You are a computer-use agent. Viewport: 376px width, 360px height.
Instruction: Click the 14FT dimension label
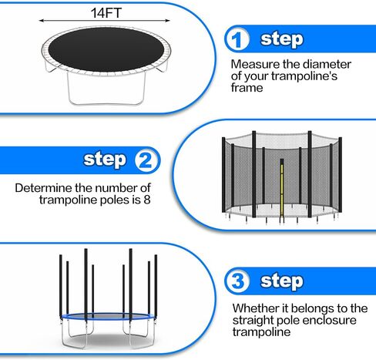tap(106, 13)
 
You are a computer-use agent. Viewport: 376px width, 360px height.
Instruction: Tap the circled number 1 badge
tap(237, 39)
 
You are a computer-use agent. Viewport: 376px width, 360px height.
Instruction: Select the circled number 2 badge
tap(147, 160)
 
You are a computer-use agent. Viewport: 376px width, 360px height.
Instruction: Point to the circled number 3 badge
tap(237, 281)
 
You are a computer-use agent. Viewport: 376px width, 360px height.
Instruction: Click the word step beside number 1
tap(282, 40)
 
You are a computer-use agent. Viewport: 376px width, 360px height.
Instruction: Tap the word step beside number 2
tap(105, 160)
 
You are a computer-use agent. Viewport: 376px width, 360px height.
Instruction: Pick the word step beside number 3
tap(282, 281)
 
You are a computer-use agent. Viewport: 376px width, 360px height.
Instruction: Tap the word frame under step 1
tap(247, 88)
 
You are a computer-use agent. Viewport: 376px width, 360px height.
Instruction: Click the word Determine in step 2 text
tap(43, 188)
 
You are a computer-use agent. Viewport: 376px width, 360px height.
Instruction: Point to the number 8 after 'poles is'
tap(147, 200)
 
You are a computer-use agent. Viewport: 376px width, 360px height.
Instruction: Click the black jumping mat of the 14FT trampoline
tap(106, 49)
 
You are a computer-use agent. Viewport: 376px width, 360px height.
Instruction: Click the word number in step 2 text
tap(112, 188)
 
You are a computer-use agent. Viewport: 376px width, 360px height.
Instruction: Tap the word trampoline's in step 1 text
tap(304, 76)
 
